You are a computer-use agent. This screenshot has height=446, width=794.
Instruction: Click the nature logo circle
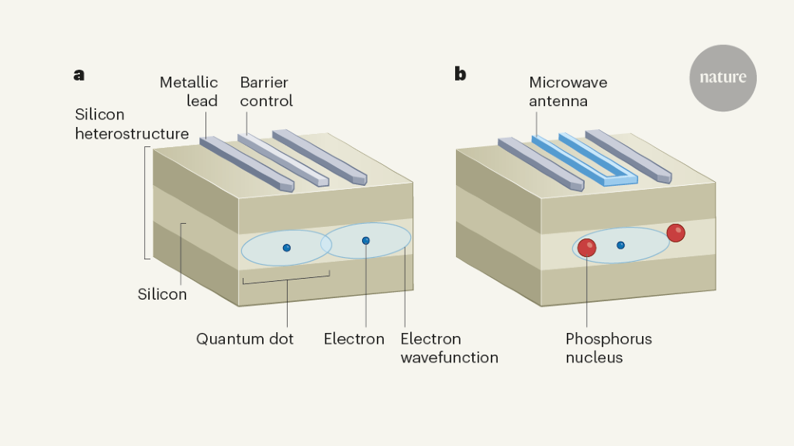723,77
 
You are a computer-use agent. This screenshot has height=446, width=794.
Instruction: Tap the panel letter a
79,75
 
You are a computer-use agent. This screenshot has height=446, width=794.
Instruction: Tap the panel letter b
461,74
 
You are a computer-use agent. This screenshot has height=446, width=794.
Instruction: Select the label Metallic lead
188,91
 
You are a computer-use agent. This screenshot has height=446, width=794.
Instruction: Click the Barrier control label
266,91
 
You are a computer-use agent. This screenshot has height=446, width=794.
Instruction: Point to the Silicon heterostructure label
131,124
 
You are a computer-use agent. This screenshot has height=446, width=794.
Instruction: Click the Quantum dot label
244,339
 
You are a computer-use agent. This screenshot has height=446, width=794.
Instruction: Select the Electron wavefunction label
449,348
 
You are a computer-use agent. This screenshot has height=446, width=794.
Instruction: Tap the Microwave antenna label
568,91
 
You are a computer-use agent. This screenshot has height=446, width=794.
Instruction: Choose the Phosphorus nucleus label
608,348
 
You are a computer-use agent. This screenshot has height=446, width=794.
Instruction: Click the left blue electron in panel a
287,248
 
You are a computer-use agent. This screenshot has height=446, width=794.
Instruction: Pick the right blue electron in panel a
366,241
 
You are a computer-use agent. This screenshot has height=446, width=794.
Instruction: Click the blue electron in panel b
620,245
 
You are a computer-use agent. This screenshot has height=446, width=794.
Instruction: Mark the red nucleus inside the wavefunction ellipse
587,248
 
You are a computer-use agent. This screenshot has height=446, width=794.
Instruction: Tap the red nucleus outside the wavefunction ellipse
675,232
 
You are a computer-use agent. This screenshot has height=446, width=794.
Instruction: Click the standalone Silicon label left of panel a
162,294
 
